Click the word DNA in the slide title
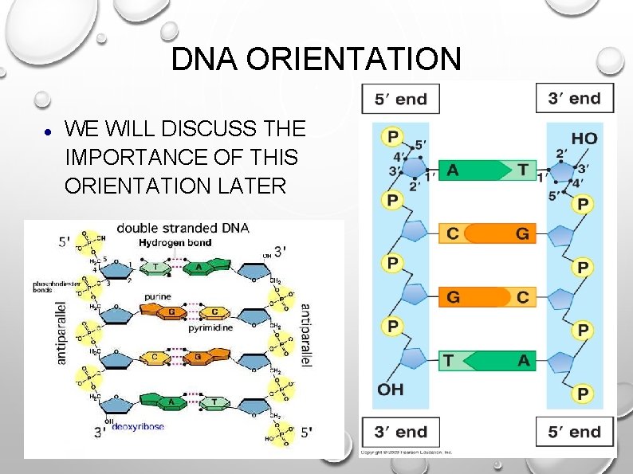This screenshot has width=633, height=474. click(199, 60)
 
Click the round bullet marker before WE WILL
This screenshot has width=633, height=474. click(48, 130)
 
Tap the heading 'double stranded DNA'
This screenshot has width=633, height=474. click(183, 228)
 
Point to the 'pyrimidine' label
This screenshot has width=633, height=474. click(210, 327)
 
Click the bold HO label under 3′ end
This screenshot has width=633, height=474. click(584, 139)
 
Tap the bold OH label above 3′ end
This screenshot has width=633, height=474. click(391, 389)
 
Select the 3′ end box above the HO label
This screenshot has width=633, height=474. click(574, 99)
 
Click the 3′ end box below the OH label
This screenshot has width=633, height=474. click(401, 432)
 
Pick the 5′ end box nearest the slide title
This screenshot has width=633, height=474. click(401, 99)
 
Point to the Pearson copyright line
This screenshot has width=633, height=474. click(406, 452)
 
